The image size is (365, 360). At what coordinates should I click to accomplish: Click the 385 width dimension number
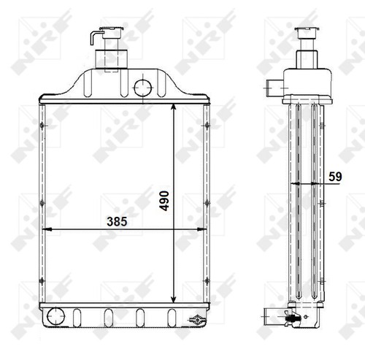point(117,221)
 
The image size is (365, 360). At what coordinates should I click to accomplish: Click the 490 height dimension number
point(164,201)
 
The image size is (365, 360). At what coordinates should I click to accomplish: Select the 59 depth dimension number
point(335,177)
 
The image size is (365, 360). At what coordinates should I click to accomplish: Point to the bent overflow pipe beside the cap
point(93,37)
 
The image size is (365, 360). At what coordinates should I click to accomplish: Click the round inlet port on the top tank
point(142,88)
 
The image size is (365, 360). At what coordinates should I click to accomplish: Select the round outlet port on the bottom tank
point(56,316)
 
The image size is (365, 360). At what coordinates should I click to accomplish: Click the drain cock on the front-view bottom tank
point(196,319)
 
